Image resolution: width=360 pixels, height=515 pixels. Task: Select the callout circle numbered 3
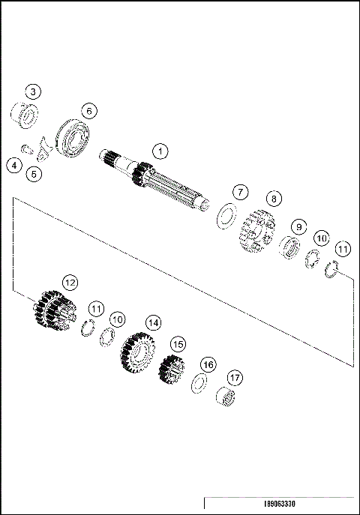(33, 92)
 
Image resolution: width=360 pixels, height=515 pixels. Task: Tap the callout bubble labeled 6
(88, 111)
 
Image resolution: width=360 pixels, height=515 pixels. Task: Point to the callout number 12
(69, 283)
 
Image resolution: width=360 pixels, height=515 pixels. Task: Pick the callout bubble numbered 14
(153, 322)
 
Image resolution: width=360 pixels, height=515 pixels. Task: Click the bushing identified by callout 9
(289, 247)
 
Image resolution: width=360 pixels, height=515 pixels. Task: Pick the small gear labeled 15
(172, 370)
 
